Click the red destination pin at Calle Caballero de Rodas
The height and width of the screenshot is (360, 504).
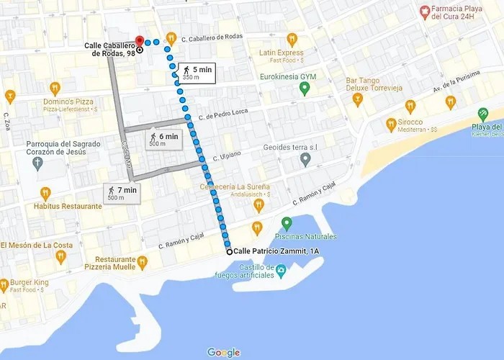[139, 41]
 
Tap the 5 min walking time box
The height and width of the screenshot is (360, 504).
[197, 72]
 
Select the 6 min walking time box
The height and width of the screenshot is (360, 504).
[164, 139]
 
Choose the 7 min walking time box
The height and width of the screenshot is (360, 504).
[122, 193]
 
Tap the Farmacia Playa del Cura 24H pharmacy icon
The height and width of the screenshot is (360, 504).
[426, 12]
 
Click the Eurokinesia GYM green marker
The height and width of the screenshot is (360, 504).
[305, 89]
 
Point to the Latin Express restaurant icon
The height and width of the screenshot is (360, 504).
[292, 39]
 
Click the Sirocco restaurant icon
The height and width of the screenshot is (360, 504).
[391, 124]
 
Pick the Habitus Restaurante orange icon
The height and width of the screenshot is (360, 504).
[45, 193]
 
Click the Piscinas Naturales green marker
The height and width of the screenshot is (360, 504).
[287, 223]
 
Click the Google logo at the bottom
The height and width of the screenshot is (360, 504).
[223, 352]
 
